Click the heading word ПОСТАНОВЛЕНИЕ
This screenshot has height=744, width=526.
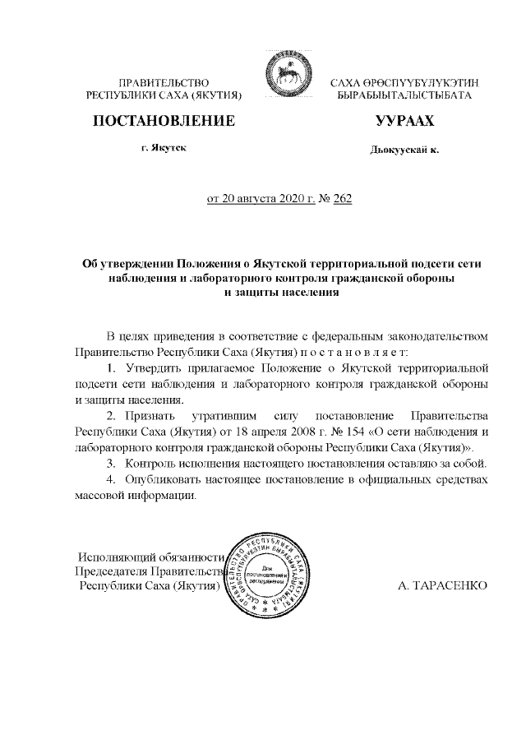pos(164,122)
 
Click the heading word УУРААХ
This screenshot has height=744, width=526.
pos(404,122)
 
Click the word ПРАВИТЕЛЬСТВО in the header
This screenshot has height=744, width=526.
pos(164,84)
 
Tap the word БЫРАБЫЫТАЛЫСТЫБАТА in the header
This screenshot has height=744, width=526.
pos(404,96)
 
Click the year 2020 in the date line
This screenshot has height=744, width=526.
pos(281,198)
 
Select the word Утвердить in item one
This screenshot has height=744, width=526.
pos(152,367)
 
